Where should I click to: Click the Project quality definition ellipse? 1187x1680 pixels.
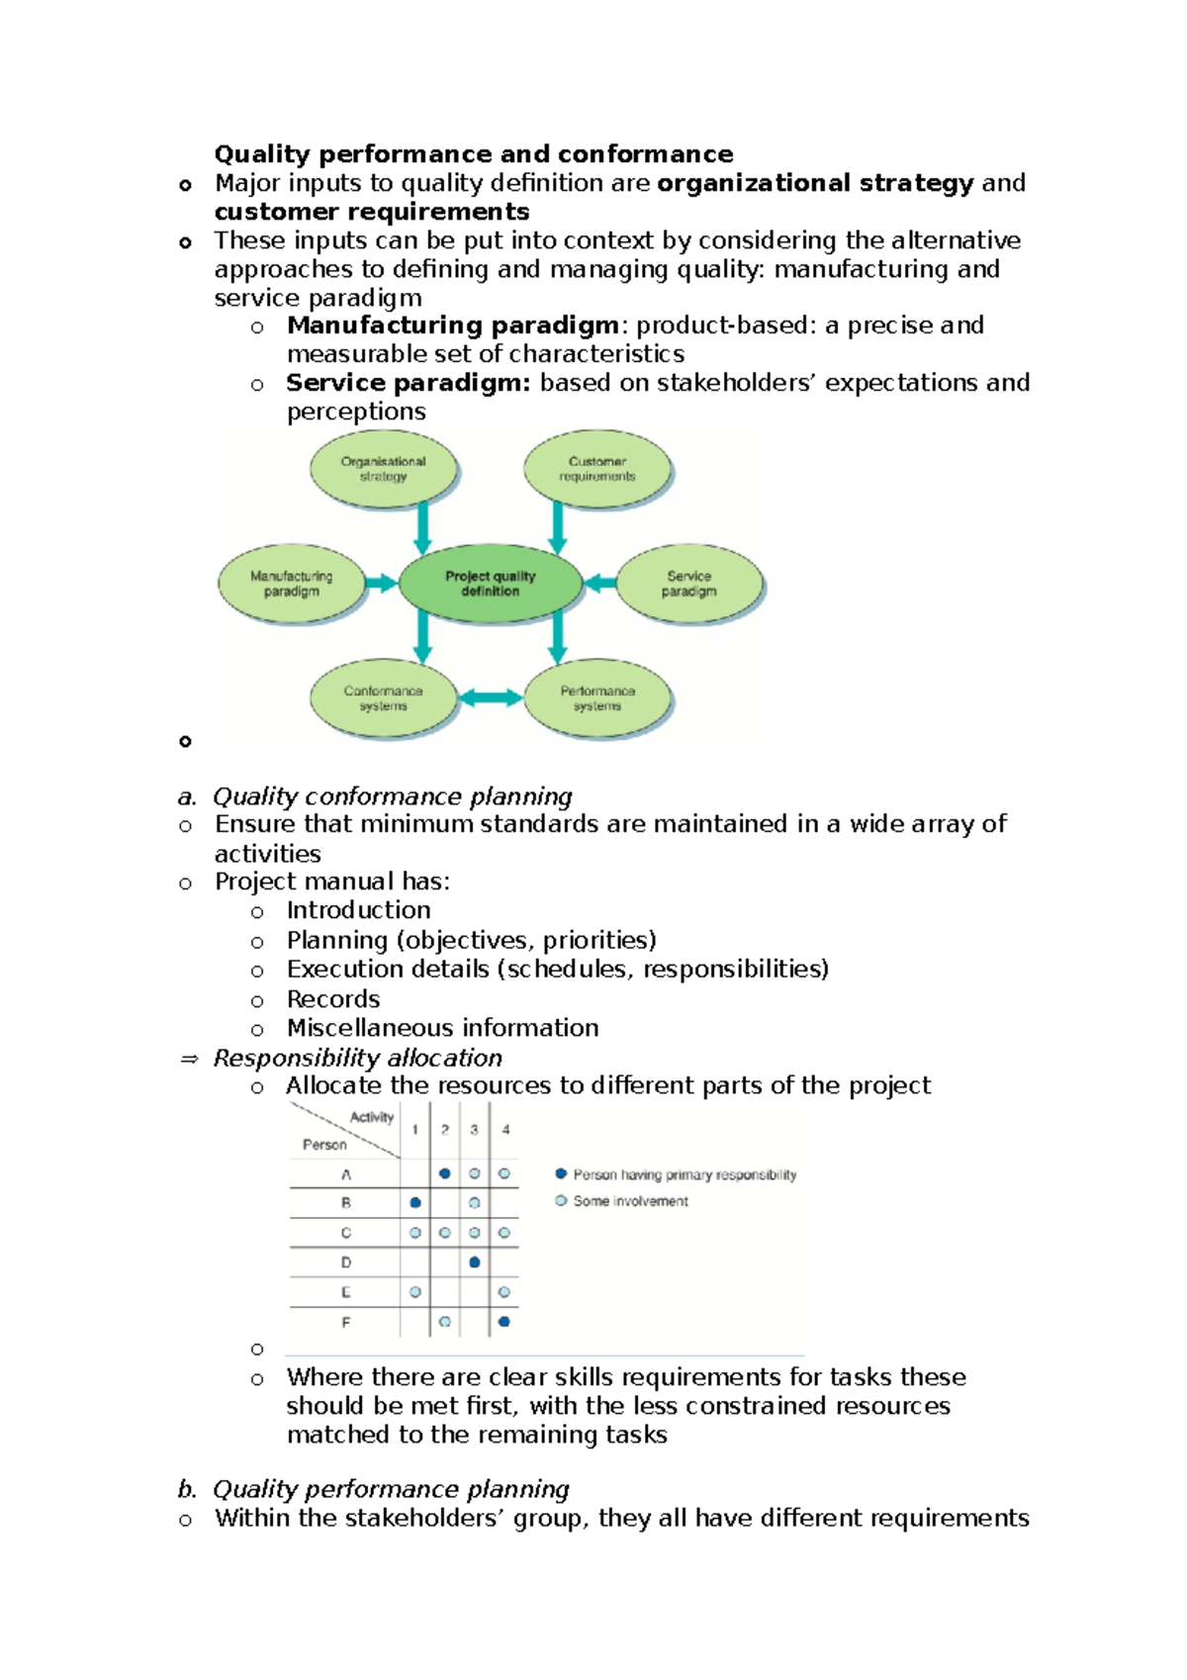point(490,584)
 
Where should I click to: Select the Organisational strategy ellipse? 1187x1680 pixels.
point(383,469)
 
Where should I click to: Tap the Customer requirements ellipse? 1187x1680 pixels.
point(596,469)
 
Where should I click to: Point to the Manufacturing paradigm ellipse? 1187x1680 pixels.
point(291,584)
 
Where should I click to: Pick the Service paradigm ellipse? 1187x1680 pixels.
point(688,584)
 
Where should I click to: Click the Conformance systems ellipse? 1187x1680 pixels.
point(383,699)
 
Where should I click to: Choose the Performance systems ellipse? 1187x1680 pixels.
point(596,699)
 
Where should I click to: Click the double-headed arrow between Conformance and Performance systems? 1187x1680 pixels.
point(491,699)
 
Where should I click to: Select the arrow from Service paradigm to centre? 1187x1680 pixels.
point(600,584)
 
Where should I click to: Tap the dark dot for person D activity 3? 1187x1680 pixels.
point(475,1262)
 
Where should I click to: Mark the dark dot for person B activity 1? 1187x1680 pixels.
point(415,1203)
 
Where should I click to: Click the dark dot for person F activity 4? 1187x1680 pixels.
point(504,1322)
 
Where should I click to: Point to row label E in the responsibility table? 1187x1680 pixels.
point(346,1292)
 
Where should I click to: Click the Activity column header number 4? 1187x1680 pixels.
point(505,1130)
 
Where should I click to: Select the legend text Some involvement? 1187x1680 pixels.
point(630,1201)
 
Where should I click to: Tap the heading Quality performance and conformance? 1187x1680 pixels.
point(474,154)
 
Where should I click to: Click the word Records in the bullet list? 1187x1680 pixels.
point(333,999)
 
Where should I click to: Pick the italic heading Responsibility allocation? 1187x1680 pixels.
point(358,1058)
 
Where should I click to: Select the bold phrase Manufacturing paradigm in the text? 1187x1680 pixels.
point(453,326)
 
